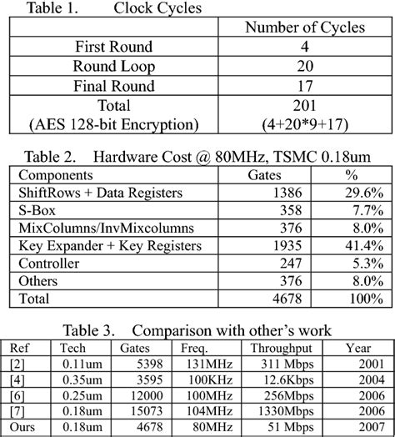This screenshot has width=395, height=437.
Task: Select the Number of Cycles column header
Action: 304,28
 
